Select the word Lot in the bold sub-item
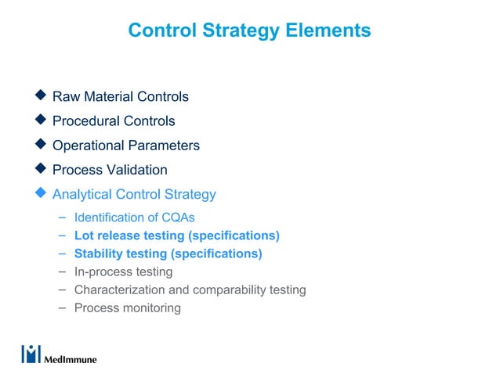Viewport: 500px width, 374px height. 84,236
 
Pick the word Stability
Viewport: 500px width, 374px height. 98,254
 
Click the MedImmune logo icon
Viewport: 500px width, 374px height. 31,354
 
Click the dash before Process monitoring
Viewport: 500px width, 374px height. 62,307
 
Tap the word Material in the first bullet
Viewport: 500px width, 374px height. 106,97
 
